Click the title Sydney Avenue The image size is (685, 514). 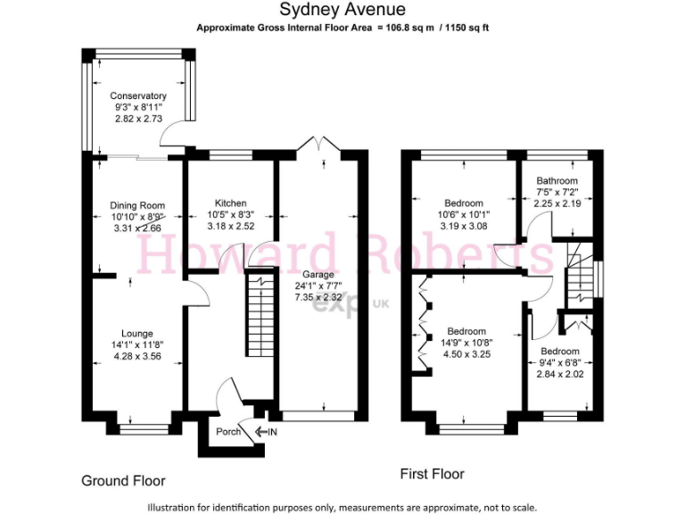342,11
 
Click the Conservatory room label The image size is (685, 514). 138,96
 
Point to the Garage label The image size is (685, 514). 318,274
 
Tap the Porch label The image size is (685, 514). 230,433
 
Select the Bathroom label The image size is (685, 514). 557,180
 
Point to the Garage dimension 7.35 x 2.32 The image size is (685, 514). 318,297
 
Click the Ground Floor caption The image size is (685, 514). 123,481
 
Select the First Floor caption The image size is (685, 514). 432,474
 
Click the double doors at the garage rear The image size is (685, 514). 318,145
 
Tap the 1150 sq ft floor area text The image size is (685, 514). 463,28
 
